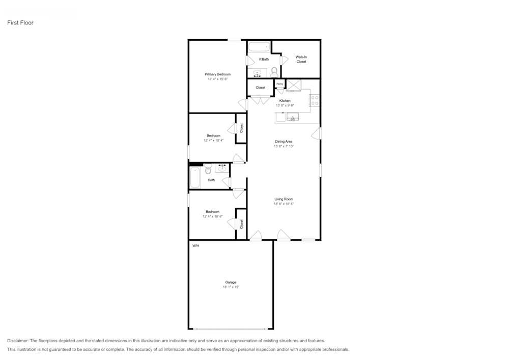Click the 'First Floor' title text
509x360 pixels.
pyautogui.click(x=20, y=23)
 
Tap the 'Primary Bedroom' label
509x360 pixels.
pyautogui.click(x=218, y=74)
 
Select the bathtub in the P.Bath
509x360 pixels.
pyautogui.click(x=259, y=47)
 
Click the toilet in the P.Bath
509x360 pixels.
pyautogui.click(x=274, y=71)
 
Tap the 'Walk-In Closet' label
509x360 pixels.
pyautogui.click(x=301, y=59)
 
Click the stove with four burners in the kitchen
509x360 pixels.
pyautogui.click(x=315, y=100)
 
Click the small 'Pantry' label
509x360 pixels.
pyautogui.click(x=279, y=84)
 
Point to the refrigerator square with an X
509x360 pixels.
pyautogui.click(x=294, y=85)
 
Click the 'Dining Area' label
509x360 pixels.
pyautogui.click(x=284, y=142)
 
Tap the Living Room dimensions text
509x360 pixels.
pyautogui.click(x=284, y=204)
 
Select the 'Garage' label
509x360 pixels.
pyautogui.click(x=231, y=282)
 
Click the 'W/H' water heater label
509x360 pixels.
pyautogui.click(x=195, y=246)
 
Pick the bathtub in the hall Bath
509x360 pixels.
pyautogui.click(x=195, y=178)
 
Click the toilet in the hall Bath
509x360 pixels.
pyautogui.click(x=208, y=168)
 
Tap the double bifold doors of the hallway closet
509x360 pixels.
pyautogui.click(x=260, y=100)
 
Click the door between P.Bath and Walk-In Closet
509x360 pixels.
pyautogui.click(x=284, y=60)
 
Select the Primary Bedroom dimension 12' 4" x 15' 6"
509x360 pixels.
pyautogui.click(x=218, y=79)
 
